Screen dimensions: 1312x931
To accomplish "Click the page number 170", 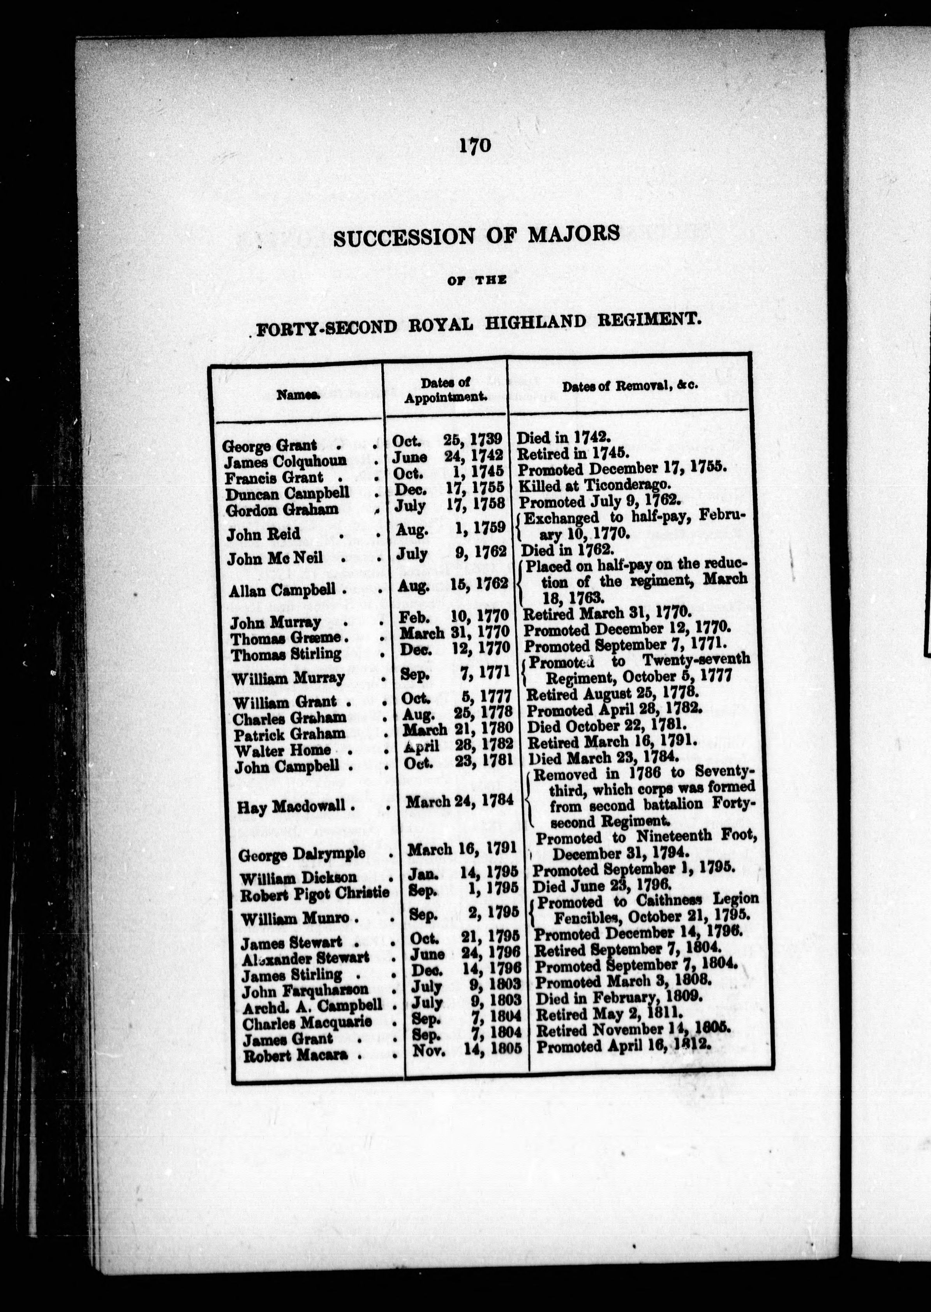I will [x=475, y=146].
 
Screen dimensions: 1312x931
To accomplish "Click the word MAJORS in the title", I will [x=574, y=235].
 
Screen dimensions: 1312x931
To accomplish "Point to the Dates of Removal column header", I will [x=629, y=386].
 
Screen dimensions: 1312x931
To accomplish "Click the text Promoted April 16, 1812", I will [x=623, y=1046].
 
